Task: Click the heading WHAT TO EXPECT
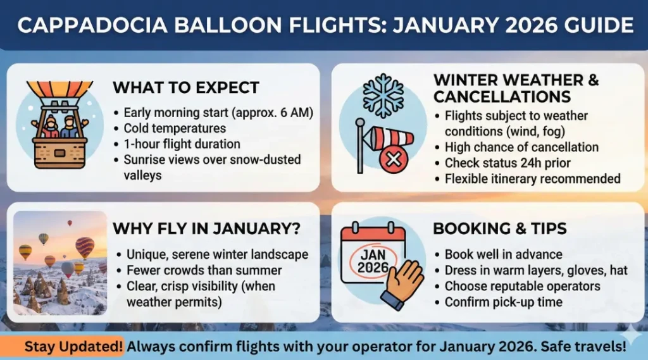click(185, 87)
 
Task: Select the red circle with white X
click(393, 160)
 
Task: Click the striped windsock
click(387, 138)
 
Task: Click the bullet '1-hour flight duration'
click(181, 144)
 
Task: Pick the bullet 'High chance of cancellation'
click(521, 147)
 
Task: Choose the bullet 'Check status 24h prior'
click(507, 163)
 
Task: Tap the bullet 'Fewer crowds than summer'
click(204, 270)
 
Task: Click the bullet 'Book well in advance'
click(503, 254)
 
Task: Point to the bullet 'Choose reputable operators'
click(522, 286)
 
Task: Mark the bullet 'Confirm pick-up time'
click(503, 302)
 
